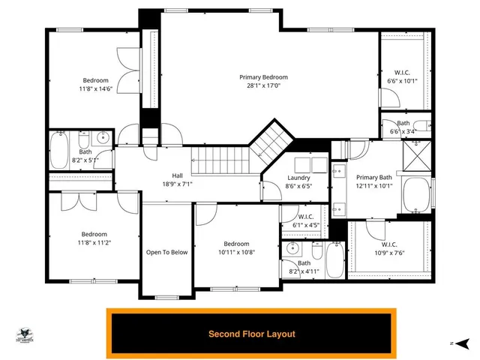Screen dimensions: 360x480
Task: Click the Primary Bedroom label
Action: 263,77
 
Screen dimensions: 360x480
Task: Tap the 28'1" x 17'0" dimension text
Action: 263,85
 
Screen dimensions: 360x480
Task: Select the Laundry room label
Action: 298,178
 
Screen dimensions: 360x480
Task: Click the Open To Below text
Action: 166,252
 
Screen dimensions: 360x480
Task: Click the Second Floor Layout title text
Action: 251,334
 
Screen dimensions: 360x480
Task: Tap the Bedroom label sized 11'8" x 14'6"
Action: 95,80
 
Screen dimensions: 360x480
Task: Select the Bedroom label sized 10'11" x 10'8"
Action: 235,244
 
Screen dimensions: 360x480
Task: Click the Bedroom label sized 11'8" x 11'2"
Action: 95,233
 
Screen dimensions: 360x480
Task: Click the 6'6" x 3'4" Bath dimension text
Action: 403,131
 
